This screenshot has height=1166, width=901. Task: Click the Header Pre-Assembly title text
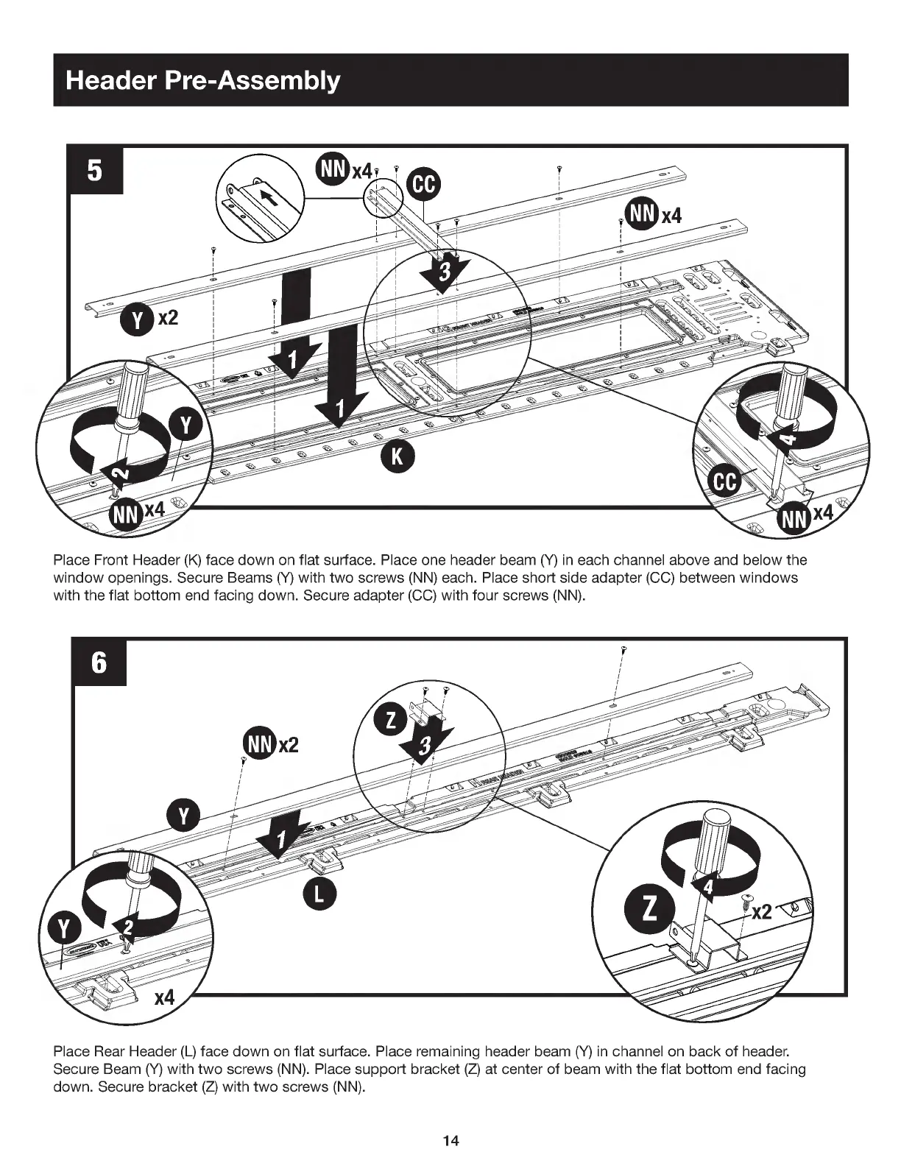coord(202,79)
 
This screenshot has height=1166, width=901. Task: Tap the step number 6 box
coord(99,662)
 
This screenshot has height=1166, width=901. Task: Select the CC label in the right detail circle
coord(724,483)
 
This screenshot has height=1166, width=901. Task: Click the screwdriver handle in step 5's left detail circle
coord(134,390)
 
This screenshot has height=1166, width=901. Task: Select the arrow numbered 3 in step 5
coord(442,272)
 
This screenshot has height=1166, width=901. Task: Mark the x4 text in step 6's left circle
coord(163,998)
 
